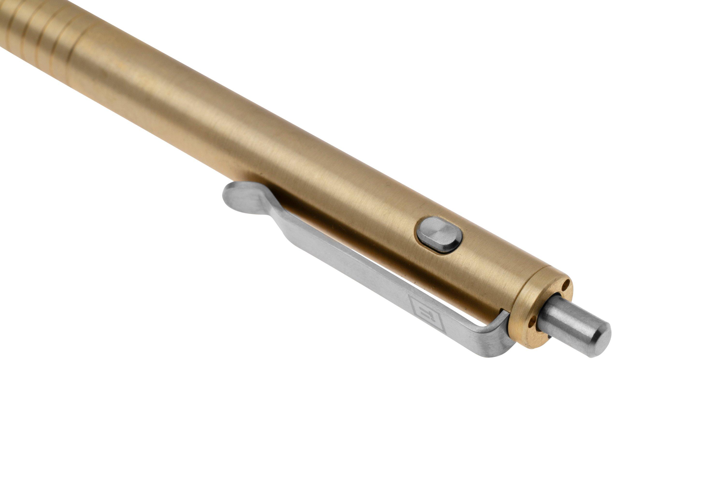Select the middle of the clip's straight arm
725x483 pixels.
[x=355, y=271]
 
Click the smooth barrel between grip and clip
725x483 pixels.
[x=185, y=117]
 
